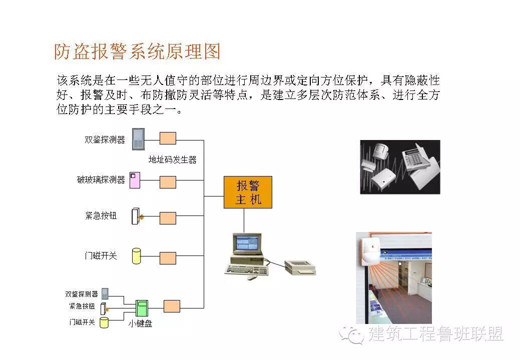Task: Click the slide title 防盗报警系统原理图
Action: pos(137,51)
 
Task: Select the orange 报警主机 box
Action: pos(248,192)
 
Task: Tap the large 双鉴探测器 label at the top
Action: pos(105,139)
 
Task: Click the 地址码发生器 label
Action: pos(172,160)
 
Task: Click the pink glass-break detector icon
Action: pos(135,179)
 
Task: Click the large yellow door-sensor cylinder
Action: pos(136,255)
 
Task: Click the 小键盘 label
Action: pos(140,323)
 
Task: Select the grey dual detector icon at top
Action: pos(138,139)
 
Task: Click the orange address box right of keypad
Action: pos(172,306)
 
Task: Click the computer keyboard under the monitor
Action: pos(246,269)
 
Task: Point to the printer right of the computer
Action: pos(299,267)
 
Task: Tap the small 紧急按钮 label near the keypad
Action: pos(82,306)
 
